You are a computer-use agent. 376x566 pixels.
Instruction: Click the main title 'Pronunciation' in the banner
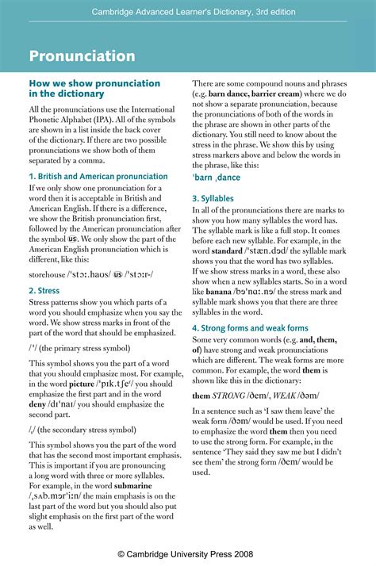82,56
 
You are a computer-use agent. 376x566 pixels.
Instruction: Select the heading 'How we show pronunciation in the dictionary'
94,88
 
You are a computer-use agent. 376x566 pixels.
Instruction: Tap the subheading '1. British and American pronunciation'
98,176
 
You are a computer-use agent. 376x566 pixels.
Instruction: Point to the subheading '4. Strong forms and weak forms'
250,328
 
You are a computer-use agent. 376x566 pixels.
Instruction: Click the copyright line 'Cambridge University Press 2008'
187,553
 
